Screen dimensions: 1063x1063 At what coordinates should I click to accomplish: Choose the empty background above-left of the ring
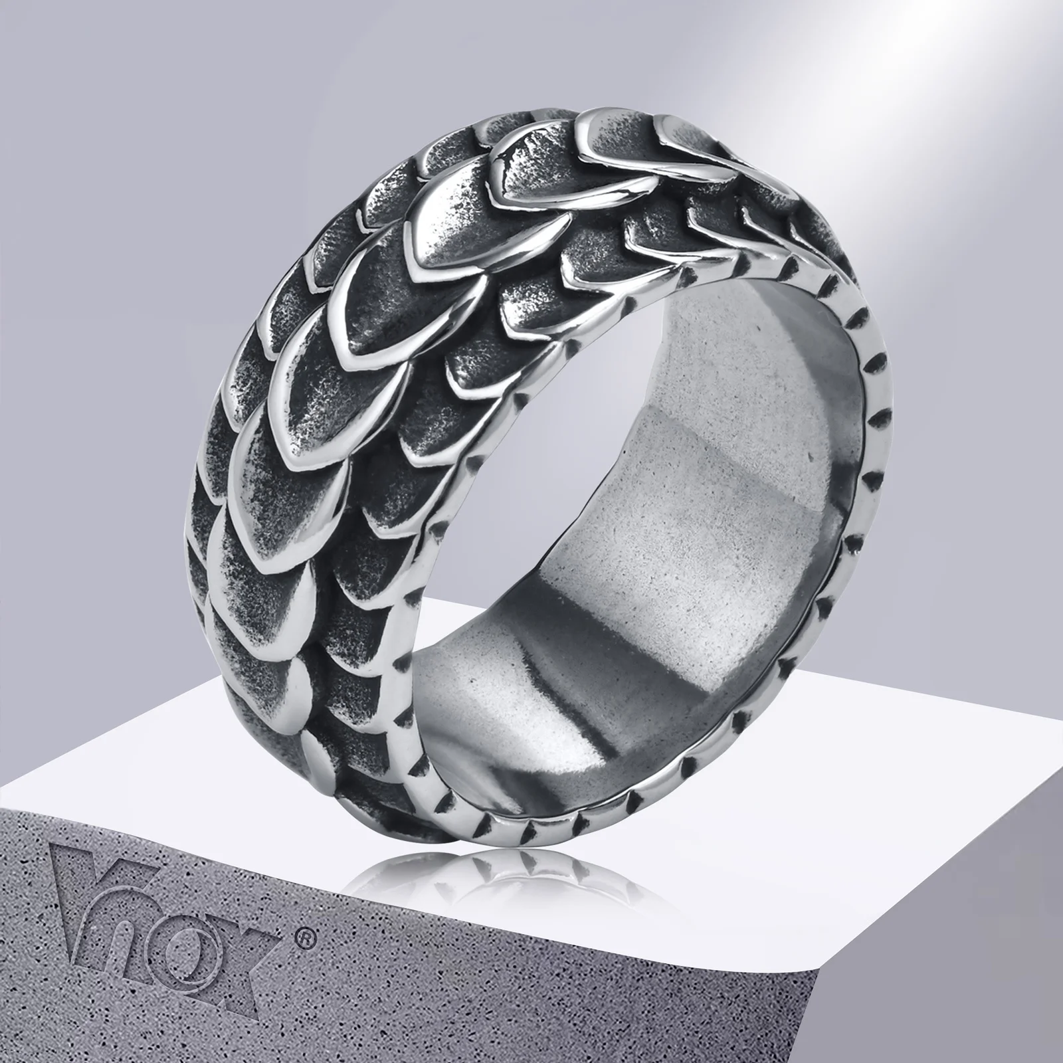point(166,166)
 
